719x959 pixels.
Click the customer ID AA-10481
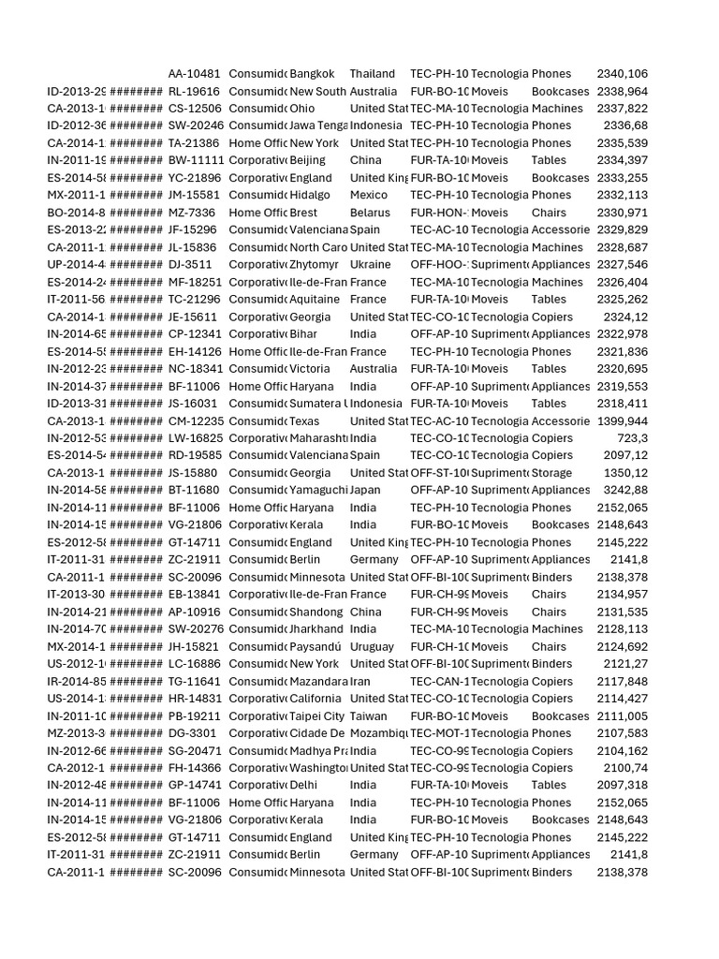click(x=194, y=74)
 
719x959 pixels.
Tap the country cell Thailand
click(x=373, y=74)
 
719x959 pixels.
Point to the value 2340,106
click(x=622, y=74)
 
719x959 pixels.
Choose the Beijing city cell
click(x=307, y=161)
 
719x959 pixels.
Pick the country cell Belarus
click(x=369, y=213)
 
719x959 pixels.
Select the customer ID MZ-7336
click(x=191, y=213)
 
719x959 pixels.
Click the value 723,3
click(x=632, y=438)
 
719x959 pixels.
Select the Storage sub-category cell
click(x=552, y=473)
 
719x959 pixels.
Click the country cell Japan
click(x=365, y=490)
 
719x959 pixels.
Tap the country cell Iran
click(x=361, y=681)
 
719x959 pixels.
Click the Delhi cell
click(x=303, y=785)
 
